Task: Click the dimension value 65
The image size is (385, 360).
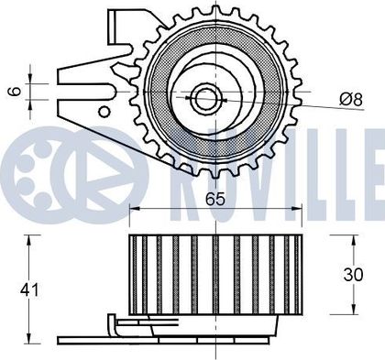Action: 215,199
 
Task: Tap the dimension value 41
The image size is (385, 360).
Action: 29,289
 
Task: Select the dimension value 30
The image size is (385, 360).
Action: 353,274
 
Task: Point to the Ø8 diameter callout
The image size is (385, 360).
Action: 351,99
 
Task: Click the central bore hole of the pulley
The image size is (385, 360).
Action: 204,98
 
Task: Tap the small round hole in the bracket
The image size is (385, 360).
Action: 104,112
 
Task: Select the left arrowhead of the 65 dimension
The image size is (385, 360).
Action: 135,208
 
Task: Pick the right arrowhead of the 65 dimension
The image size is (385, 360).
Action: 297,208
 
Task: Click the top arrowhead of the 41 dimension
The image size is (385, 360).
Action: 29,240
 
